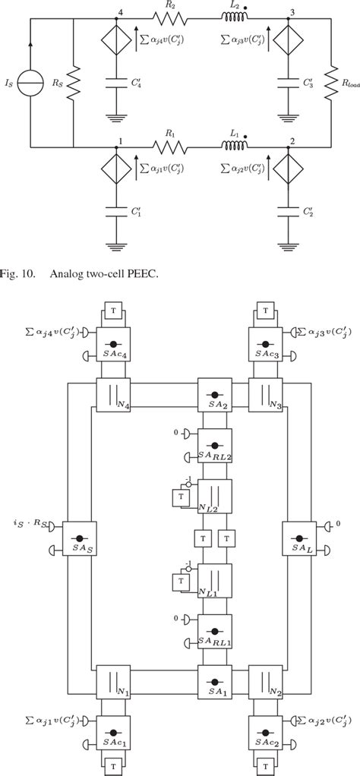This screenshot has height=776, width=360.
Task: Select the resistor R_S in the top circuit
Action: (74, 80)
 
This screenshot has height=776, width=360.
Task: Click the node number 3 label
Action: (292, 12)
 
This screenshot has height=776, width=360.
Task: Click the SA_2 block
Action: (214, 396)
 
